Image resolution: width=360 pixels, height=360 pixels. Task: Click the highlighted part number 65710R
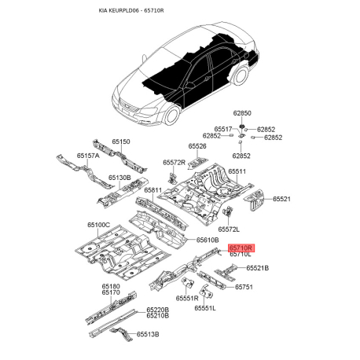point(241,246)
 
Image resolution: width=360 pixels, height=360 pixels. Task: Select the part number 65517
point(223,128)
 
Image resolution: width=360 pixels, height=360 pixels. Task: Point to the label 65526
point(197,146)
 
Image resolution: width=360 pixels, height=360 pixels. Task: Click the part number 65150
point(120,141)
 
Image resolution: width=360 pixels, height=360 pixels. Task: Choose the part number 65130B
point(120,178)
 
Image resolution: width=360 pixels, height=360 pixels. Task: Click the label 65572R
point(174,162)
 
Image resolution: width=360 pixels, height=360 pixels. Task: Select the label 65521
point(281,199)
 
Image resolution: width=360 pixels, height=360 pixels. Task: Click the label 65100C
point(97,225)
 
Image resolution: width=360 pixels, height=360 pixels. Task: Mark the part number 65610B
point(207,239)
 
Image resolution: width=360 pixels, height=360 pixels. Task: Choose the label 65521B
point(257,268)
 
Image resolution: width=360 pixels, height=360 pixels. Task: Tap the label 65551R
point(187,299)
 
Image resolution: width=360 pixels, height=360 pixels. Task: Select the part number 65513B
point(147,334)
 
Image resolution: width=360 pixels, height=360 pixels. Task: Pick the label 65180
point(110,285)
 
